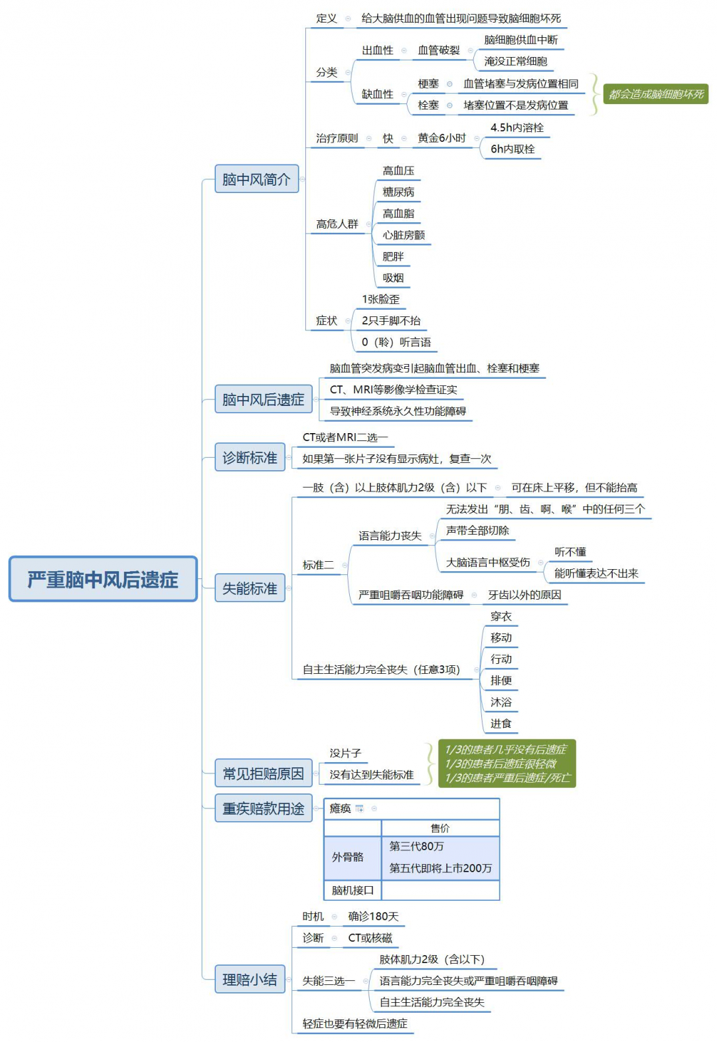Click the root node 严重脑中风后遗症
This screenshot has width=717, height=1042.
click(x=103, y=579)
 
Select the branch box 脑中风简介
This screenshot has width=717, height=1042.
click(x=256, y=179)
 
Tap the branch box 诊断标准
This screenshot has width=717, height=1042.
click(x=250, y=458)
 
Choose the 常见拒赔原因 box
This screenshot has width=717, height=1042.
click(x=263, y=773)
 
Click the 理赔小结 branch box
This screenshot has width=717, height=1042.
click(x=250, y=979)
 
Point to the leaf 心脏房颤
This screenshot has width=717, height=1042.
click(x=404, y=235)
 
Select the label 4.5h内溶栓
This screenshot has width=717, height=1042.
click(x=517, y=127)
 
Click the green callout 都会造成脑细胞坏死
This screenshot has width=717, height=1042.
click(x=655, y=94)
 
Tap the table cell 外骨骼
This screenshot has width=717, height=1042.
click(x=348, y=857)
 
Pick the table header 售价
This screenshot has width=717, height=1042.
click(x=440, y=828)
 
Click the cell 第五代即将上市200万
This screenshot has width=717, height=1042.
click(x=440, y=868)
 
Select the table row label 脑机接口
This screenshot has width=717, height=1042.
click(x=353, y=890)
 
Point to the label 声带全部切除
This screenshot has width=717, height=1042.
click(x=477, y=531)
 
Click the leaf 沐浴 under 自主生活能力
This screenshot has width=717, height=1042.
click(x=501, y=702)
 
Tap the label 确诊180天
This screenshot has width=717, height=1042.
click(x=373, y=917)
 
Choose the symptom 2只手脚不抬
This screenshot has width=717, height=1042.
click(x=391, y=321)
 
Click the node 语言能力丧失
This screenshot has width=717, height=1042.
click(x=390, y=536)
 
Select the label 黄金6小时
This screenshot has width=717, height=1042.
click(x=441, y=138)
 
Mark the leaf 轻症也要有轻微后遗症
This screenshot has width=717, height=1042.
click(x=355, y=1023)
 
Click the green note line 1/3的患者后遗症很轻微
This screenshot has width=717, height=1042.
click(x=501, y=763)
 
